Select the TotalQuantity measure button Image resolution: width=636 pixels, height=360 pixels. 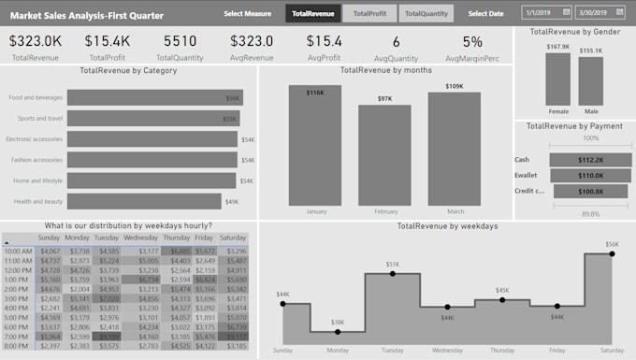426,13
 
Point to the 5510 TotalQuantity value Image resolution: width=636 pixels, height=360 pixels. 181,41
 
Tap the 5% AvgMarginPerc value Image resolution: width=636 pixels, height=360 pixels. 472,41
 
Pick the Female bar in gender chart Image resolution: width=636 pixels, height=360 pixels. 557,79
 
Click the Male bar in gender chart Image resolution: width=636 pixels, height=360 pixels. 590,81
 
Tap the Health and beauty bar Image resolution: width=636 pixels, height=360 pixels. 143,201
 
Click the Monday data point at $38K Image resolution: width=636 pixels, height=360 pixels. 338,331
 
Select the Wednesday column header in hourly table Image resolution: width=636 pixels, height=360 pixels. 140,238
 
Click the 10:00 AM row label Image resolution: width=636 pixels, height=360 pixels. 19,251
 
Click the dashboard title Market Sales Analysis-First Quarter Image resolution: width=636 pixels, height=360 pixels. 86,16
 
